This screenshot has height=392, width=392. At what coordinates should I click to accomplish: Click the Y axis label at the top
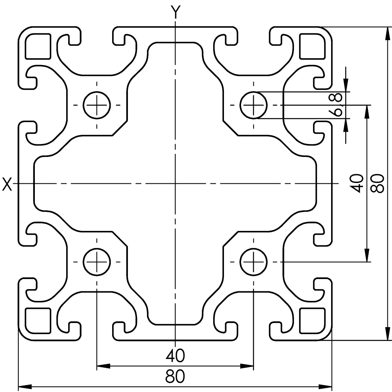tap(175, 11)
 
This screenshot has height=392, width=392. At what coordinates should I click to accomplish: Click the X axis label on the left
tap(7, 184)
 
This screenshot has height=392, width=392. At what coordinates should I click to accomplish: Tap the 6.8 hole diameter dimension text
tap(336, 105)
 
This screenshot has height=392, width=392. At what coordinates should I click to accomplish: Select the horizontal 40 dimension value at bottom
tap(175, 356)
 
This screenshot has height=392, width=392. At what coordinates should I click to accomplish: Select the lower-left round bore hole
tap(97, 262)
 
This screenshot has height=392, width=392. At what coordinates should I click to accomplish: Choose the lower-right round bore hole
tap(253, 262)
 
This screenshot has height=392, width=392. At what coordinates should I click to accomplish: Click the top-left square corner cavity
tap(38, 46)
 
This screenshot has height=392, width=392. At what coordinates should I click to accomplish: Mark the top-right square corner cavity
tap(312, 46)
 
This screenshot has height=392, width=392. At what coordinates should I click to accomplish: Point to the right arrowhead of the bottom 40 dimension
tap(249, 366)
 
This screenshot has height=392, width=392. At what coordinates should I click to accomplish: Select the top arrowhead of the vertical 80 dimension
tap(388, 32)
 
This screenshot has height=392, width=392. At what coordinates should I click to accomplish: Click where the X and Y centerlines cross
tap(175, 184)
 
